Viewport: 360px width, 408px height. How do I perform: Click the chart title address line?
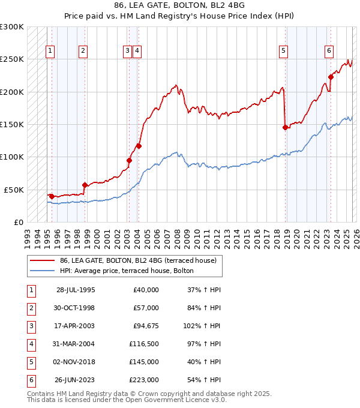[x=179, y=5]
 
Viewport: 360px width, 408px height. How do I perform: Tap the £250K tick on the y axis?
[x=12, y=59]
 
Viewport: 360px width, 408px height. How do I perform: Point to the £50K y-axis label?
[x=14, y=189]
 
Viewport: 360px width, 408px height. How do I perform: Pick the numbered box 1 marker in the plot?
[x=50, y=52]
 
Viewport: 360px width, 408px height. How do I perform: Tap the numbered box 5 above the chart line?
[x=283, y=52]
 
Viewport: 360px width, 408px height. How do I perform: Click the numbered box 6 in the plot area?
[x=329, y=52]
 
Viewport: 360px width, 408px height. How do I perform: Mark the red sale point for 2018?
[x=285, y=127]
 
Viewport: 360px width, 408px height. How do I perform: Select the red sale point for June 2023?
[x=331, y=76]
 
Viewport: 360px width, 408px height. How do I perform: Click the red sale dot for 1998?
[x=85, y=185]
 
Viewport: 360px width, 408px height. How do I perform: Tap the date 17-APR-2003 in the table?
[x=76, y=326]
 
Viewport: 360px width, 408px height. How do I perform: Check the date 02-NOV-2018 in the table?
[x=76, y=362]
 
